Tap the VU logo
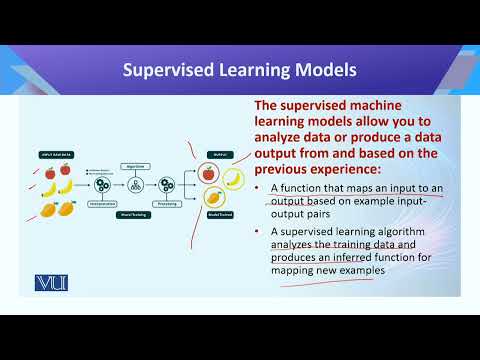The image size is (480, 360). [49, 283]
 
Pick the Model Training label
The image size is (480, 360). [135, 213]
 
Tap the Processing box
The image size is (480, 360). [167, 202]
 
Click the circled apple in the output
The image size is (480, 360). [208, 173]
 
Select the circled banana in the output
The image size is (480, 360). [232, 178]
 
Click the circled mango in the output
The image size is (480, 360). [213, 197]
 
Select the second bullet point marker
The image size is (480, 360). [259, 232]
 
